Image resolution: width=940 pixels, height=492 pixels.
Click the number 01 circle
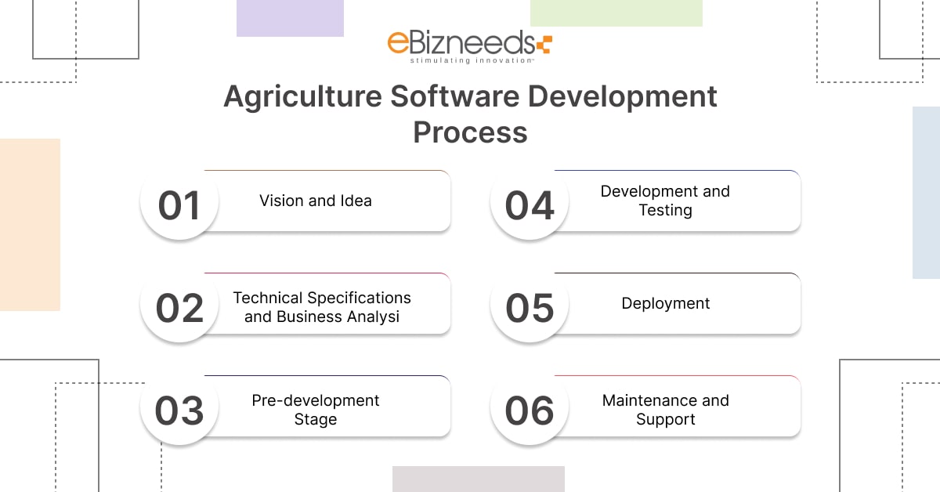point(179,204)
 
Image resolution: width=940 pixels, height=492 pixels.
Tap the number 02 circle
point(179,307)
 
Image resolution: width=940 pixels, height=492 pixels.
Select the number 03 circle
point(179,410)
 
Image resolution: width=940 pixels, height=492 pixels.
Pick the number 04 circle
point(530,204)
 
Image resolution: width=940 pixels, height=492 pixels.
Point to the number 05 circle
point(530,307)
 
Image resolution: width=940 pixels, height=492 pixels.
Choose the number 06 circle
point(530,410)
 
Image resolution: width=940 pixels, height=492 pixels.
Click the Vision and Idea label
point(316,201)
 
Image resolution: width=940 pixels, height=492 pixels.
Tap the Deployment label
point(666,303)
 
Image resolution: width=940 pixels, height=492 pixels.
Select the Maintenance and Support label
point(666,410)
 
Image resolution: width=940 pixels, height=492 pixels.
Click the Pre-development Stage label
point(316,410)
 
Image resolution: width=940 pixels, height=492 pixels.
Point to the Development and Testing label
point(666,201)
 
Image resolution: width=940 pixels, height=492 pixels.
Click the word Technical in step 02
point(269,298)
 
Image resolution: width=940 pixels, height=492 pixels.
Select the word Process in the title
point(470,132)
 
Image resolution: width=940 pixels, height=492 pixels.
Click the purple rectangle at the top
point(290,18)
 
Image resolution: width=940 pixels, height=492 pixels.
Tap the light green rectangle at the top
point(616,13)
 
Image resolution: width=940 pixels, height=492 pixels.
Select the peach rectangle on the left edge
point(30,225)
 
